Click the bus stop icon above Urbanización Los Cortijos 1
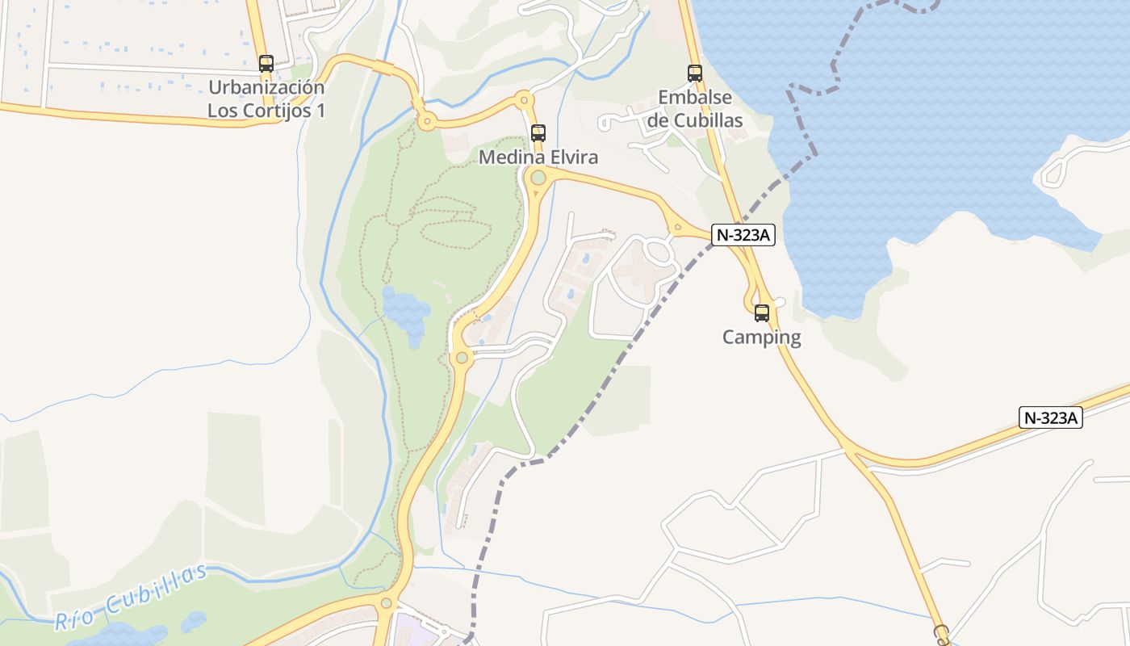coord(266,63)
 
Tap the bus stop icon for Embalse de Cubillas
coord(694,73)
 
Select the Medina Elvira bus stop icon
coord(538,132)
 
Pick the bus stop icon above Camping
coord(761,313)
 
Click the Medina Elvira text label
coord(538,157)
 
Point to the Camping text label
coord(761,337)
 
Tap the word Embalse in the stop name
coord(695,98)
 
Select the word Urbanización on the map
coord(266,87)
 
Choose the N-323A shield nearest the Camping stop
coord(743,235)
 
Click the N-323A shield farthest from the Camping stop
coord(1050,417)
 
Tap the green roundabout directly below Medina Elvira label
coord(538,178)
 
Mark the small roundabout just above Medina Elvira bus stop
coord(524,101)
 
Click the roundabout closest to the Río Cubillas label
coord(387,602)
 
